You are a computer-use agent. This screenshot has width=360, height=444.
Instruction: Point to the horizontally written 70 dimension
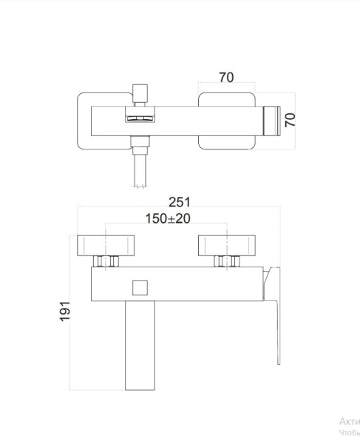(x=227, y=76)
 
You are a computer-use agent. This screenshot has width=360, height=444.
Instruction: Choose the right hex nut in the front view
(x=226, y=260)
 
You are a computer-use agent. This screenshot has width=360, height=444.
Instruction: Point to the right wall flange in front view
(x=226, y=244)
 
